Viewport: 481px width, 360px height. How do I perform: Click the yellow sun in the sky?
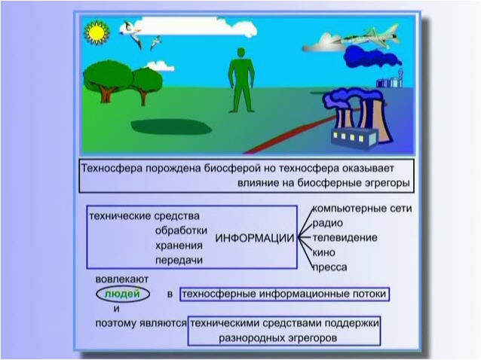[x=97, y=32]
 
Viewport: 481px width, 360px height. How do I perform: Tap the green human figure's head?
[x=241, y=53]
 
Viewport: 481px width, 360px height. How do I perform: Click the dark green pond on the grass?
[x=171, y=127]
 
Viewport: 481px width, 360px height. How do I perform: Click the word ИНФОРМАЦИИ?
[x=255, y=238]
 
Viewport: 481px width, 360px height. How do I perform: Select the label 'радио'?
[x=327, y=224]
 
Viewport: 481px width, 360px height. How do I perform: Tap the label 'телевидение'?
[x=345, y=238]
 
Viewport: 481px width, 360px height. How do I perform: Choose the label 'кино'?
[x=323, y=252]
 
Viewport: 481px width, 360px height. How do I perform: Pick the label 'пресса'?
[x=329, y=267]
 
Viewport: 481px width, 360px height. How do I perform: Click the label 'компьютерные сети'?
[x=362, y=209]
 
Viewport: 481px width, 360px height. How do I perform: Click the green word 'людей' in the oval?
[x=122, y=294]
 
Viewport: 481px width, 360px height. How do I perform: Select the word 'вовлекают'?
[x=122, y=279]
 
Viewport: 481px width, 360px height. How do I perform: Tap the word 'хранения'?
[x=179, y=246]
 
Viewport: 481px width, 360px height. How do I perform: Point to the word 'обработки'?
[x=181, y=230]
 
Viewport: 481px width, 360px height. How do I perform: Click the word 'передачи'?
[x=179, y=260]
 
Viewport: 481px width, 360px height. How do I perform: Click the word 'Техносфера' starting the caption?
[x=112, y=168]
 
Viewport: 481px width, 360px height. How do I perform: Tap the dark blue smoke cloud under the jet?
[x=372, y=57]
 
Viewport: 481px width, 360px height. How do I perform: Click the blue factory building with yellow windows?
[x=354, y=138]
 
